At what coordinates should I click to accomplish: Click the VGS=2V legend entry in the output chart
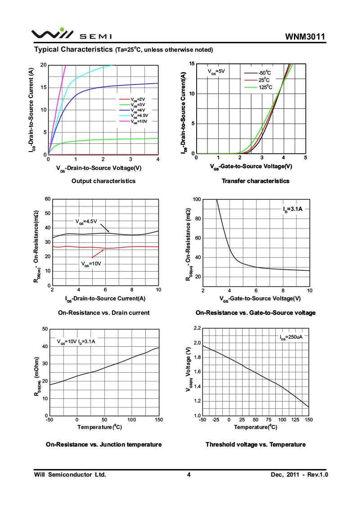(x=138, y=99)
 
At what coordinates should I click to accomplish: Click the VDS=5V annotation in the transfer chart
(x=216, y=71)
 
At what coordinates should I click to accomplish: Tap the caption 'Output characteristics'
(x=103, y=181)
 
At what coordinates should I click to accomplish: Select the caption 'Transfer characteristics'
(x=256, y=181)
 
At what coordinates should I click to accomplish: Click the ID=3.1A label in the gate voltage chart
(x=292, y=209)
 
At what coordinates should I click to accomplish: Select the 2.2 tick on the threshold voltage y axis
(x=197, y=329)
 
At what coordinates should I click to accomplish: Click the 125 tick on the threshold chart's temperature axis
(x=295, y=420)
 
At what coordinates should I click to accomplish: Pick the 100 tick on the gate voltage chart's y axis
(x=196, y=199)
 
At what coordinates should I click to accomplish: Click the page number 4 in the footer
(x=189, y=474)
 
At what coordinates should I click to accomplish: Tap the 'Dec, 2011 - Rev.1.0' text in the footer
(x=299, y=474)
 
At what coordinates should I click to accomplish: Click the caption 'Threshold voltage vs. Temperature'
(x=256, y=445)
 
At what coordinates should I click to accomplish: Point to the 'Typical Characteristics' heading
(x=73, y=49)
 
